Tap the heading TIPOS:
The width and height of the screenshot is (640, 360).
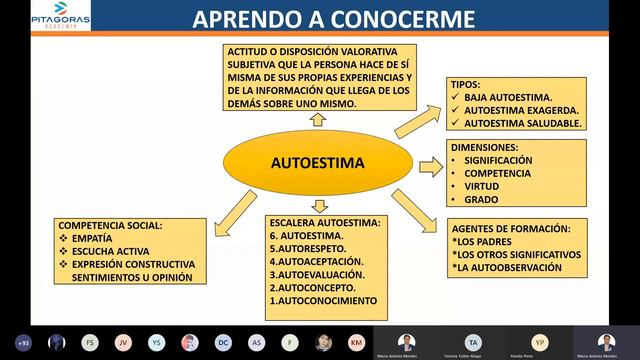pos(470,85)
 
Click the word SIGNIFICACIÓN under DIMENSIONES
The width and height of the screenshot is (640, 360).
pos(498,160)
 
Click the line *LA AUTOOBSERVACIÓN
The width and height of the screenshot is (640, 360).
pos(511,268)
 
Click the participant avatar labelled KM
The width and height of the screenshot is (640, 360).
pos(356,342)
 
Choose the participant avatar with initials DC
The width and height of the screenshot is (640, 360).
pos(223,342)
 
